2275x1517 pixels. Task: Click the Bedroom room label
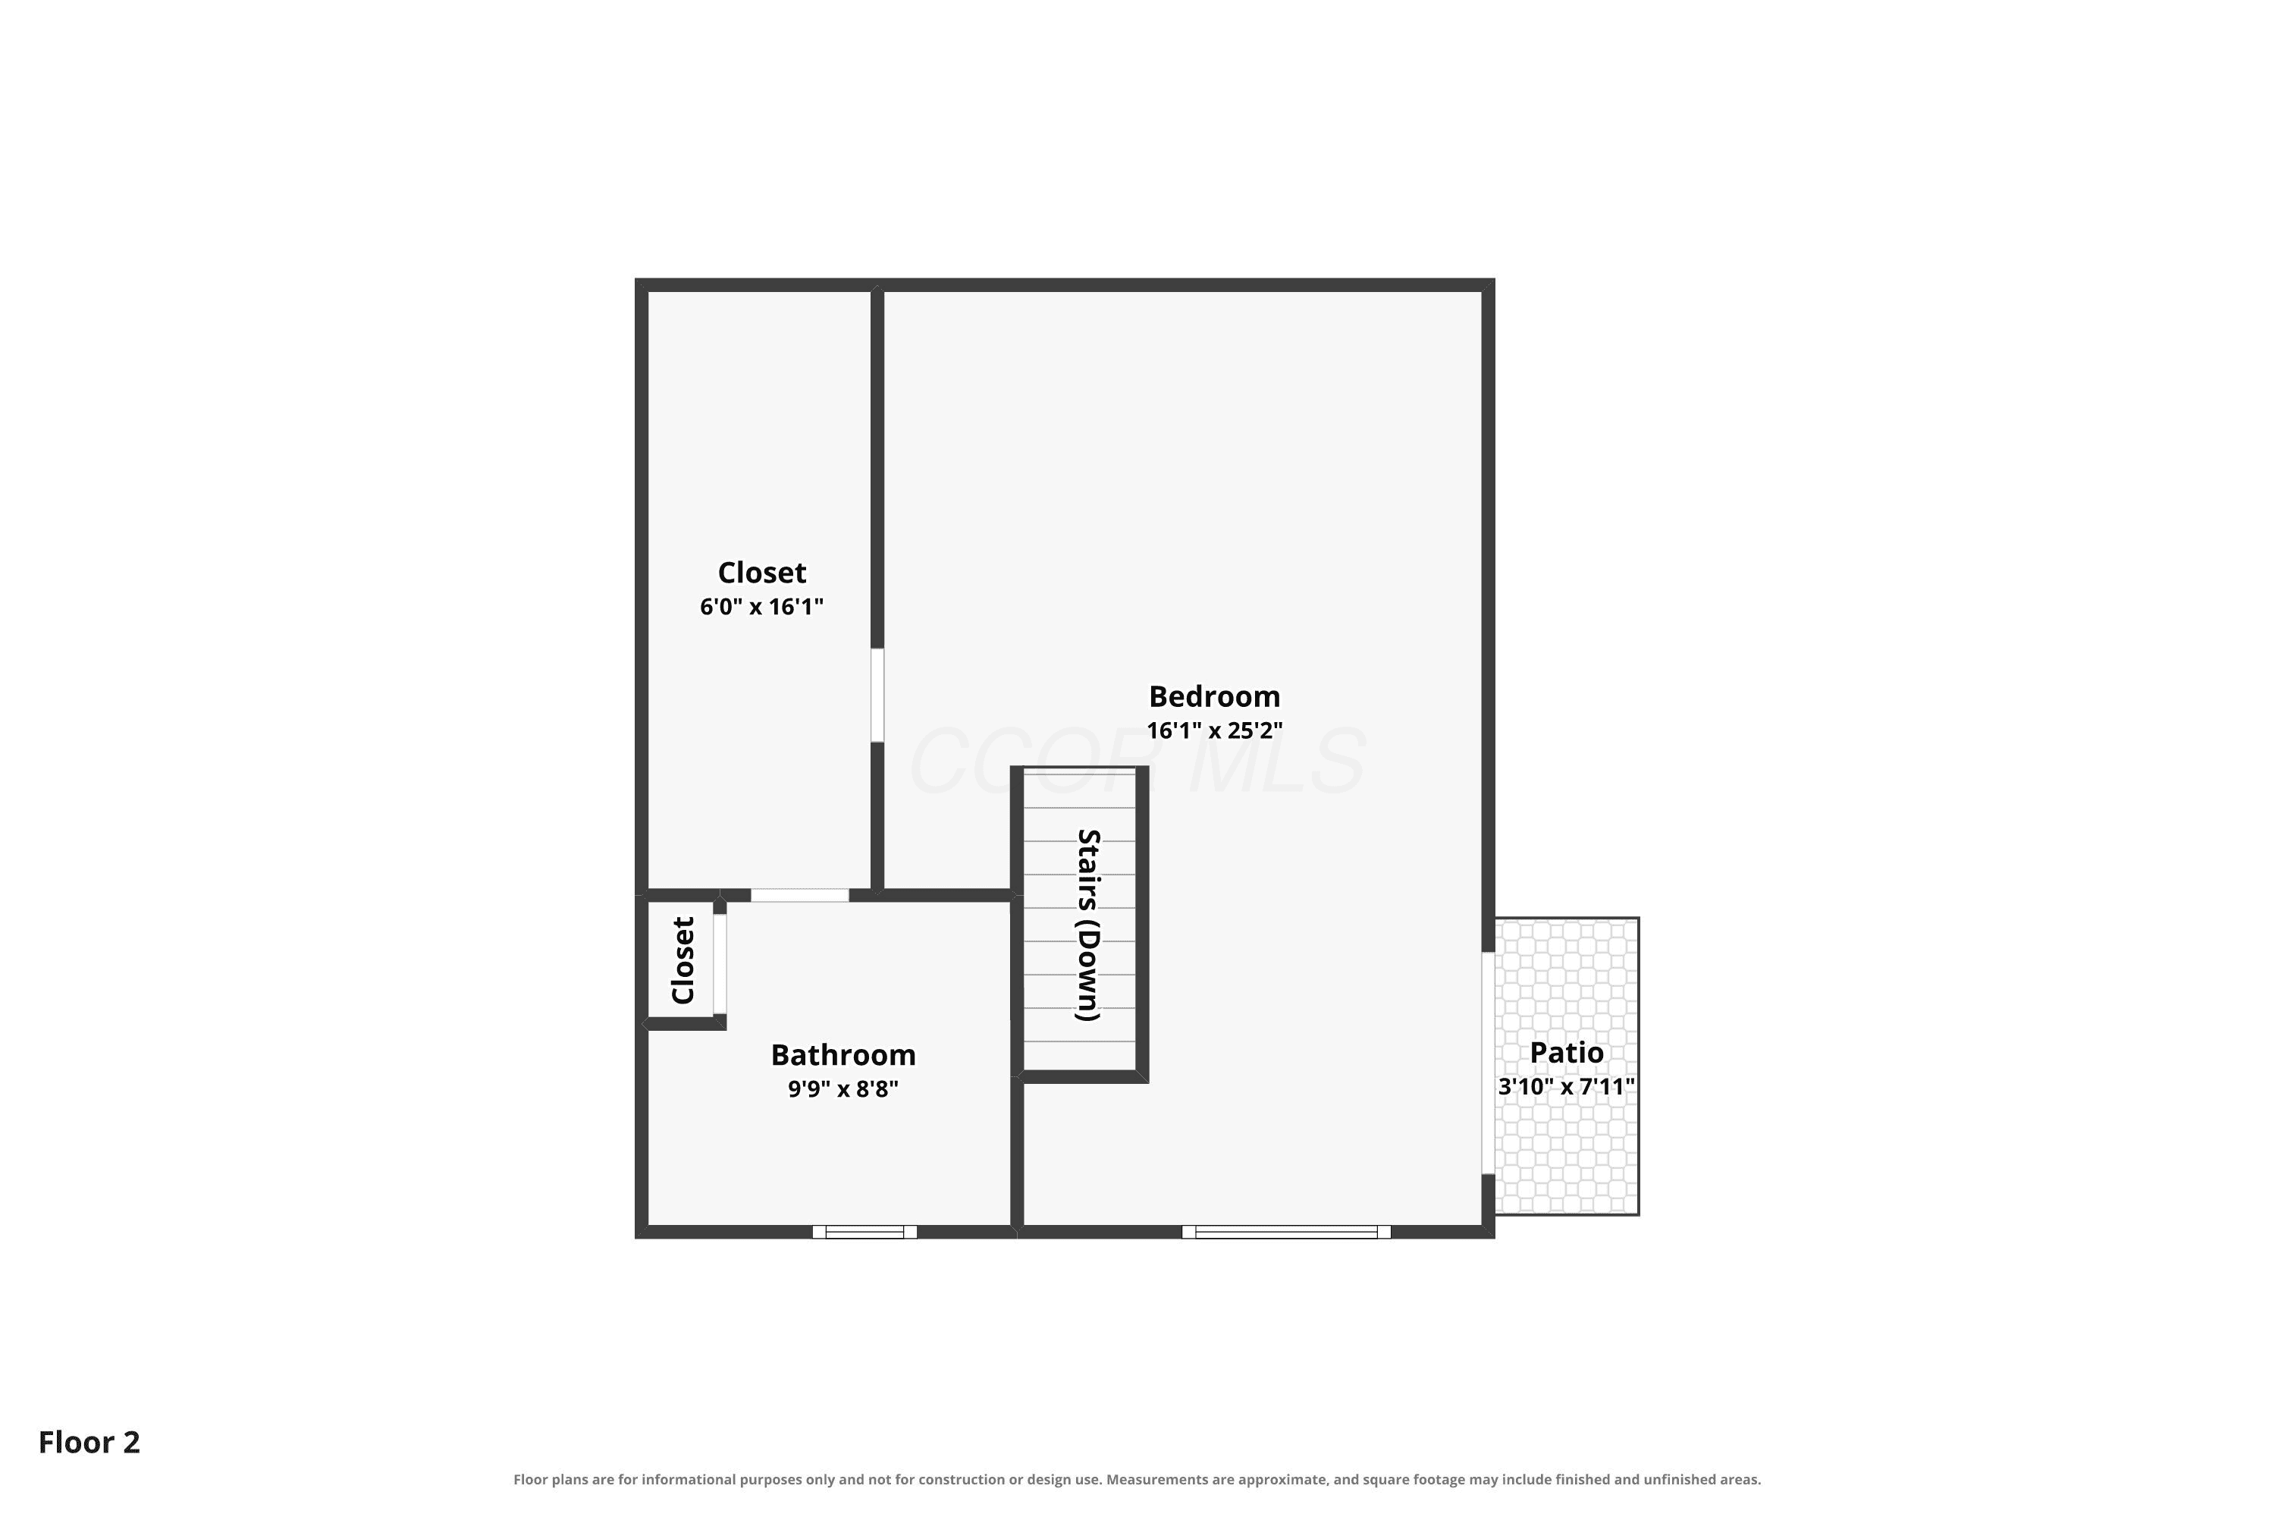pyautogui.click(x=1214, y=696)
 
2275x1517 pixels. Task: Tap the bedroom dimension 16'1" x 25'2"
pyautogui.click(x=1215, y=730)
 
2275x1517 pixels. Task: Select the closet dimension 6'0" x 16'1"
pyautogui.click(x=761, y=607)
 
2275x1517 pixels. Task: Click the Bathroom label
pyautogui.click(x=843, y=1054)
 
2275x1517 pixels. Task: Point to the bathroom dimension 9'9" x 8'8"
pyautogui.click(x=843, y=1089)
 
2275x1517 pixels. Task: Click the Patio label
pyautogui.click(x=1567, y=1053)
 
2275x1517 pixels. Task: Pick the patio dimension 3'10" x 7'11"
pyautogui.click(x=1567, y=1086)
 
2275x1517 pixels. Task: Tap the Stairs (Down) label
pyautogui.click(x=1089, y=925)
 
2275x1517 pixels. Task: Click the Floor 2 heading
pyautogui.click(x=89, y=1442)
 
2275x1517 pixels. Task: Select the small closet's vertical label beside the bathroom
pyautogui.click(x=683, y=961)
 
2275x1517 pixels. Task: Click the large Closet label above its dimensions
pyautogui.click(x=762, y=573)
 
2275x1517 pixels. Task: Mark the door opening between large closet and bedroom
pyautogui.click(x=877, y=696)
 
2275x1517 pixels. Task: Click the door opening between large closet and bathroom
pyautogui.click(x=800, y=895)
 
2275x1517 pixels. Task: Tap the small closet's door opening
pyautogui.click(x=720, y=963)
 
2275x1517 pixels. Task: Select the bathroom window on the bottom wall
pyautogui.click(x=864, y=1232)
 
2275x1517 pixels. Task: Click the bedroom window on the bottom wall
pyautogui.click(x=1286, y=1232)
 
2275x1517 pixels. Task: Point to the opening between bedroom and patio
pyautogui.click(x=1489, y=1063)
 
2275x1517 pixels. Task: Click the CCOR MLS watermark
pyautogui.click(x=1137, y=762)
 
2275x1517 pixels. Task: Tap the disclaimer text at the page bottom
pyautogui.click(x=1137, y=1479)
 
